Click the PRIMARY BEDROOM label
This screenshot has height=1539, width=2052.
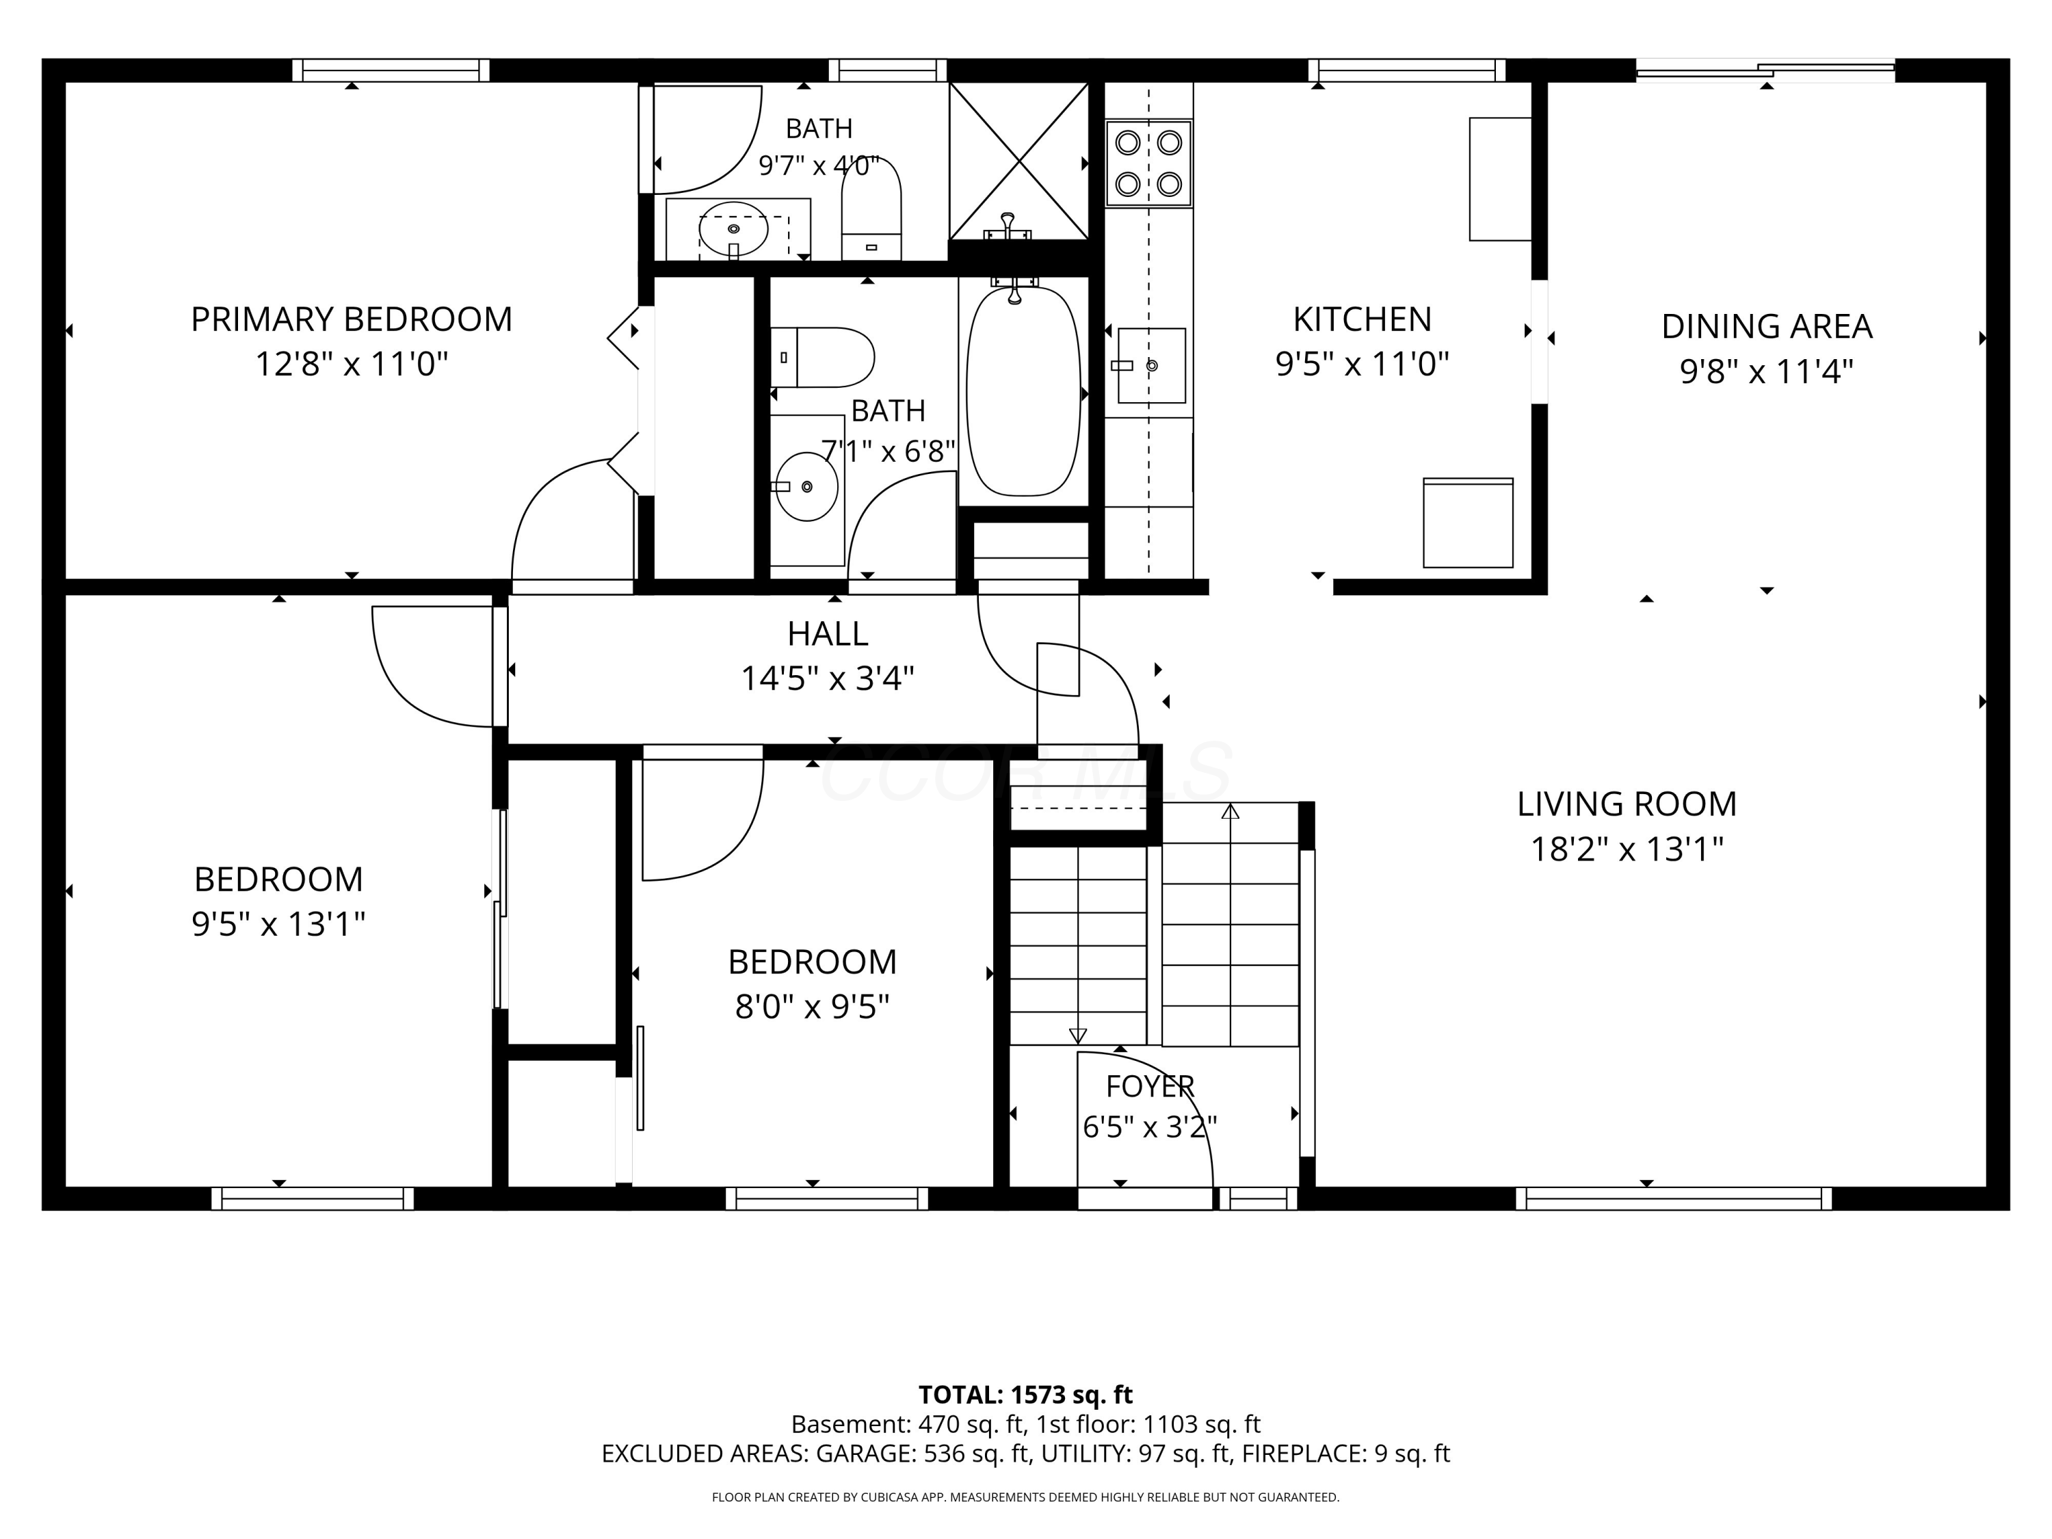(x=352, y=319)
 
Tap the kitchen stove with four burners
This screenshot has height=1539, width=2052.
(x=1148, y=163)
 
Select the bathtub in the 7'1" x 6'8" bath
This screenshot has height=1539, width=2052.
(x=1023, y=391)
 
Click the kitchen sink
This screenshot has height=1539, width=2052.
(x=1151, y=365)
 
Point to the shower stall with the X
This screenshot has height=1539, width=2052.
(x=1018, y=161)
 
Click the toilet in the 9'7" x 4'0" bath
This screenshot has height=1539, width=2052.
(x=871, y=209)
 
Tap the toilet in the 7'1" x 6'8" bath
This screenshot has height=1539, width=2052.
(x=822, y=357)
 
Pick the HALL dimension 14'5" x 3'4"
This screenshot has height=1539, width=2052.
(x=828, y=679)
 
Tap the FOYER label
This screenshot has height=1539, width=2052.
(x=1150, y=1086)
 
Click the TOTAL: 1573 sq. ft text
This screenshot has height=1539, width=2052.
(x=1025, y=1395)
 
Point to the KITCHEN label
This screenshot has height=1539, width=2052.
(x=1362, y=319)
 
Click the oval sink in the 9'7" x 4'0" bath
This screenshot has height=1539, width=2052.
(x=733, y=228)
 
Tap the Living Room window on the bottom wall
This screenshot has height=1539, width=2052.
(x=1674, y=1198)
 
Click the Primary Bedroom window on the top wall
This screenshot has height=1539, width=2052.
(x=391, y=70)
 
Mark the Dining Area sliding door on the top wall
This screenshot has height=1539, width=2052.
(x=1765, y=70)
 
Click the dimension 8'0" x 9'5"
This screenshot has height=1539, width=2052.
(x=813, y=1007)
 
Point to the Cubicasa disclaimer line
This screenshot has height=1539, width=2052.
(x=1025, y=1497)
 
